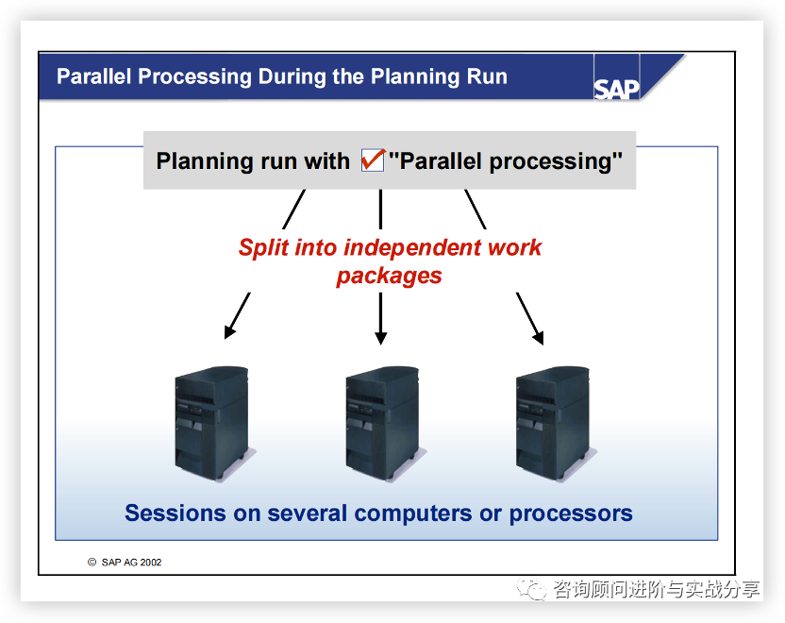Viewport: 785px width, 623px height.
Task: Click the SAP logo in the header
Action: [x=616, y=89]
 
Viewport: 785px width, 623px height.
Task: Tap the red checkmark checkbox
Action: [x=373, y=160]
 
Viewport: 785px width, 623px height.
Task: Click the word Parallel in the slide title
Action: [x=93, y=76]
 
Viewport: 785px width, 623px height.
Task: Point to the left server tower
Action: [x=213, y=424]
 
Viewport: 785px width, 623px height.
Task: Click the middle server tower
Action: [x=383, y=424]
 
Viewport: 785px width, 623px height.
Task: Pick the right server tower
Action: [x=554, y=424]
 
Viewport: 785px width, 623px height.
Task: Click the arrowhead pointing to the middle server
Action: [x=381, y=338]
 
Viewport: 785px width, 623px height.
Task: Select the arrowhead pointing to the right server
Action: [x=539, y=338]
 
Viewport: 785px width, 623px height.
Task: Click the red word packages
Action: [x=389, y=277]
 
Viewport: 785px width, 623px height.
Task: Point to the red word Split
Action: [x=263, y=248]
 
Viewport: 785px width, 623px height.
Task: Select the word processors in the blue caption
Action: [x=571, y=514]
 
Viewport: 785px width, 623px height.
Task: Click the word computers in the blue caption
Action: [x=413, y=514]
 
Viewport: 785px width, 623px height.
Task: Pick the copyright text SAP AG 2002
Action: [x=131, y=563]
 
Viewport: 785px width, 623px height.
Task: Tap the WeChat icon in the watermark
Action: [x=531, y=589]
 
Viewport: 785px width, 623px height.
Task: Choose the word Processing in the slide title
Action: [x=194, y=77]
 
